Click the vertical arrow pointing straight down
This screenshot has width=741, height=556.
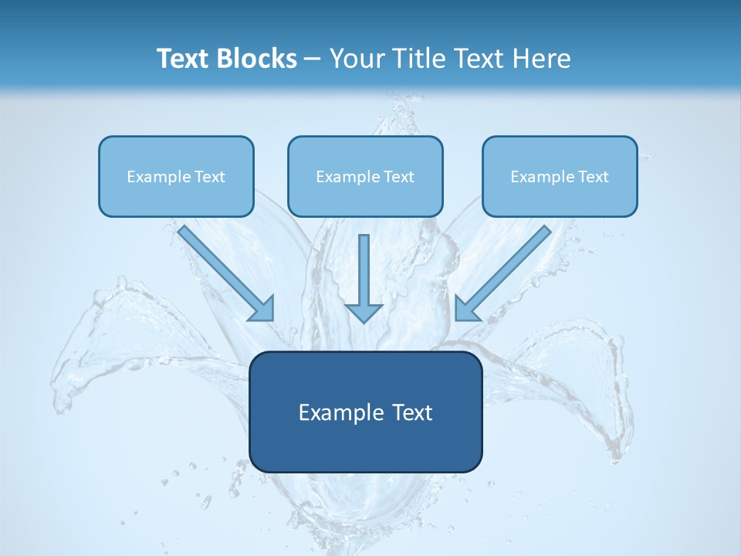tap(364, 270)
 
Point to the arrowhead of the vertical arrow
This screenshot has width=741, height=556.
tap(364, 313)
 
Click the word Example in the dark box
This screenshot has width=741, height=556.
tap(336, 412)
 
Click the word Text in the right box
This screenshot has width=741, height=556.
tap(593, 177)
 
